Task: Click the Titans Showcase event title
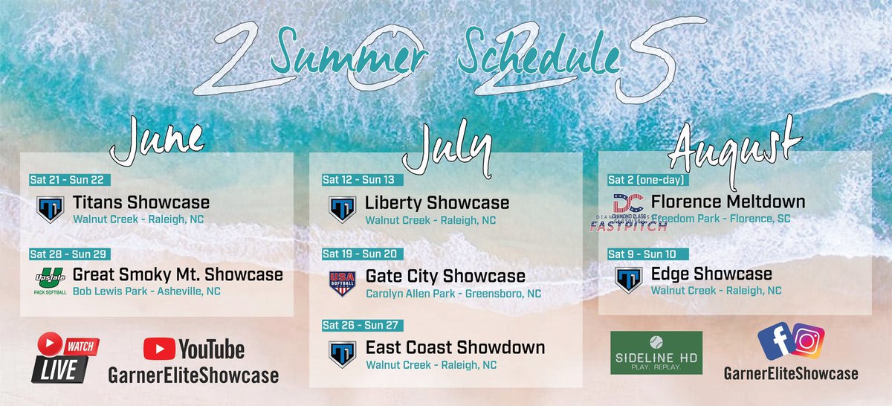pyautogui.click(x=141, y=202)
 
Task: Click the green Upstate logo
pyautogui.click(x=50, y=279)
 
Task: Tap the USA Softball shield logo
pyautogui.click(x=342, y=283)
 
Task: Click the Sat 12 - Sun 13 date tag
pyautogui.click(x=358, y=179)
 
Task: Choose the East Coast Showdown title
pyautogui.click(x=455, y=348)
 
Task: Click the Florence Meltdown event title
pyautogui.click(x=728, y=202)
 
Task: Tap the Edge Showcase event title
pyautogui.click(x=711, y=274)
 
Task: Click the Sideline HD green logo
pyautogui.click(x=656, y=352)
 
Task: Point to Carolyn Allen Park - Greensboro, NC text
pyautogui.click(x=453, y=294)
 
